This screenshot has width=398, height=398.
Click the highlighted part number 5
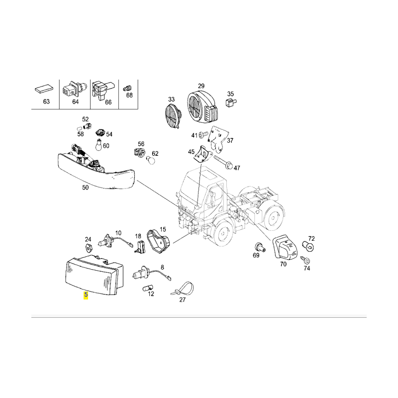[86, 295]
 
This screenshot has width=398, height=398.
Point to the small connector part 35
[230, 103]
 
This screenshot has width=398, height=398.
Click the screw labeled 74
[306, 261]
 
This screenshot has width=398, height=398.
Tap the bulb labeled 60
[99, 146]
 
